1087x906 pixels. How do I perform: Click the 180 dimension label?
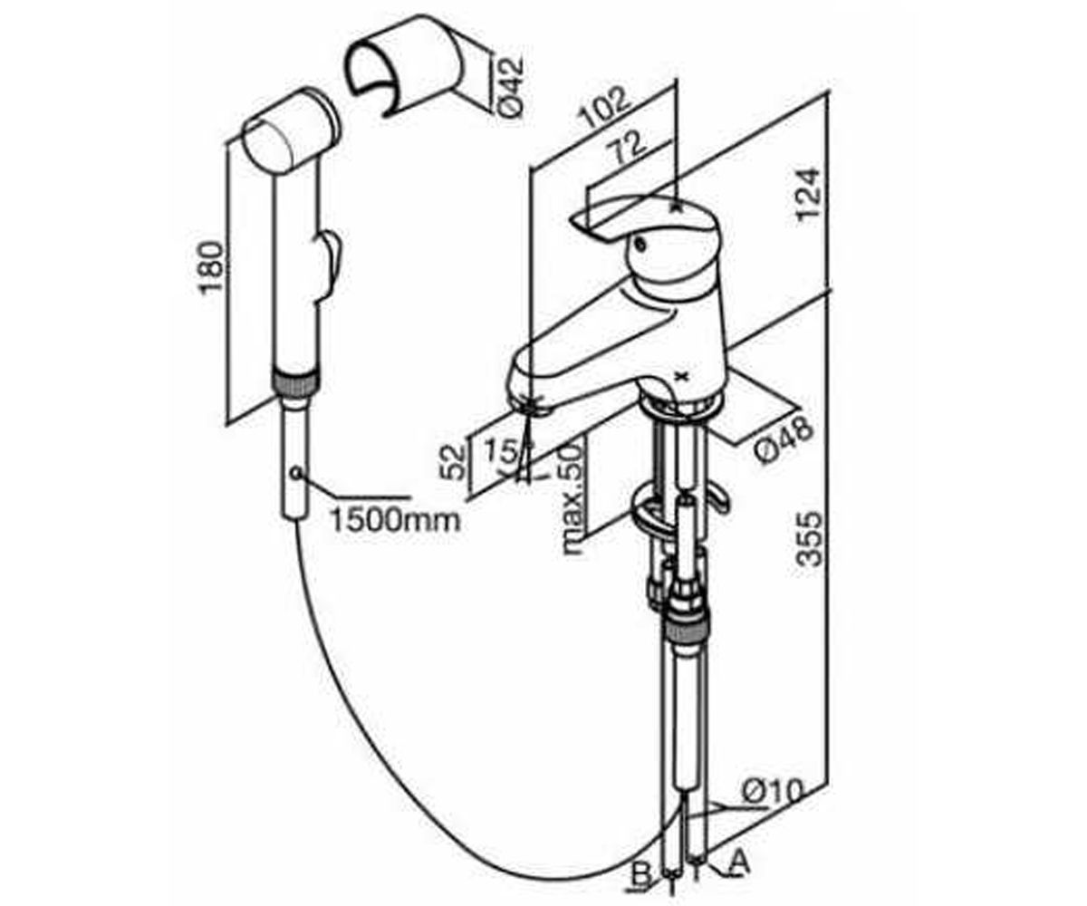pyautogui.click(x=212, y=267)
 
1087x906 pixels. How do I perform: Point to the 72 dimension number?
pyautogui.click(x=629, y=148)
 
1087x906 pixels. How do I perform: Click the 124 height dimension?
pyautogui.click(x=810, y=195)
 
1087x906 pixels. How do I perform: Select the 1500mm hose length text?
pyautogui.click(x=395, y=520)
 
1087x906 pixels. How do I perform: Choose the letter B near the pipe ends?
pyautogui.click(x=641, y=876)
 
